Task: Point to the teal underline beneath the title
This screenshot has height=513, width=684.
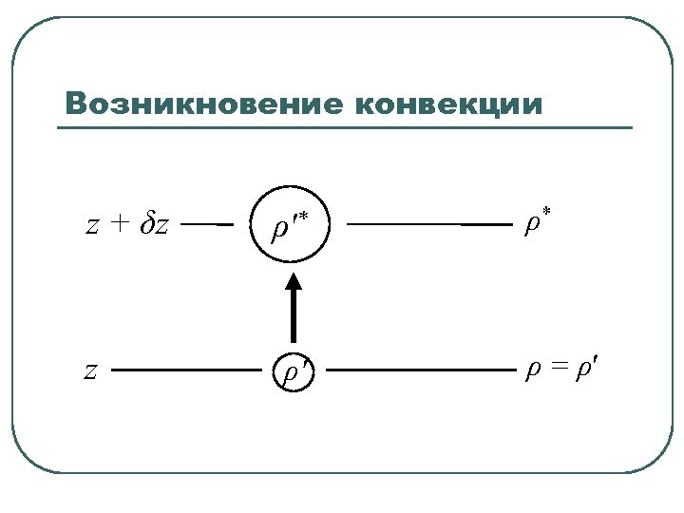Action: [348, 128]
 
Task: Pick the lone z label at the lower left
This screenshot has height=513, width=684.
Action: [90, 370]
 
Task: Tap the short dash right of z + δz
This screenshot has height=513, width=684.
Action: [206, 225]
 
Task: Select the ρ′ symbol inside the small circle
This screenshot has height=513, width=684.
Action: [293, 371]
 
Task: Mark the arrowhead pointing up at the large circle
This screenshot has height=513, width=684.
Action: [294, 281]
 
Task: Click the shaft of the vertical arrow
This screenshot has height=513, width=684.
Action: [294, 318]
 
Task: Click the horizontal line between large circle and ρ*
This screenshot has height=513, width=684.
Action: [427, 225]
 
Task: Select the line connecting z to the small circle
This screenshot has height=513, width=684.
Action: [185, 370]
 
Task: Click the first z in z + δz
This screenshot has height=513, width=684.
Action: [92, 226]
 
